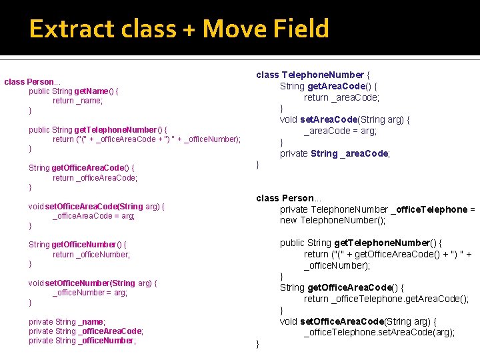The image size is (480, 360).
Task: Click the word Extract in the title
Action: pyautogui.click(x=66, y=29)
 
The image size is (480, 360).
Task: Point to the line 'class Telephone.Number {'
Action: pyautogui.click(x=313, y=75)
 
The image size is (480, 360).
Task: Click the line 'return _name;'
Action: pyautogui.click(x=77, y=101)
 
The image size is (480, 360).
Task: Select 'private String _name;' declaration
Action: pyautogui.click(x=67, y=322)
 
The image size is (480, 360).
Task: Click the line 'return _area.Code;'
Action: pyautogui.click(x=341, y=97)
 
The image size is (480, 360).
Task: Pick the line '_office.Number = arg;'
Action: pyautogui.click(x=90, y=293)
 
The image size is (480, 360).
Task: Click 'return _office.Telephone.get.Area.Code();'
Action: pyautogui.click(x=386, y=299)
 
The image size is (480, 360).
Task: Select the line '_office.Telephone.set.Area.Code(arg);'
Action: pyautogui.click(x=379, y=333)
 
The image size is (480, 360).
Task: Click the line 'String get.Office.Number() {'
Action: pyautogui.click(x=77, y=245)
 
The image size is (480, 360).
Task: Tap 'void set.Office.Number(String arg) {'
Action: pyautogui.click(x=93, y=283)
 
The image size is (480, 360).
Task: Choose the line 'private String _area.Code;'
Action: pyautogui.click(x=335, y=153)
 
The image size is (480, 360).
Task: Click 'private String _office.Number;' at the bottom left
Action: pyautogui.click(x=82, y=341)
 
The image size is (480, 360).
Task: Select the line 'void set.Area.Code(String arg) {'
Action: pyautogui.click(x=345, y=120)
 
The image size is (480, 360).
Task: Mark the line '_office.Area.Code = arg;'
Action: pyautogui.click(x=93, y=216)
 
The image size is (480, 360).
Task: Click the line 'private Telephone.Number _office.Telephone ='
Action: pyautogui.click(x=377, y=209)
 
